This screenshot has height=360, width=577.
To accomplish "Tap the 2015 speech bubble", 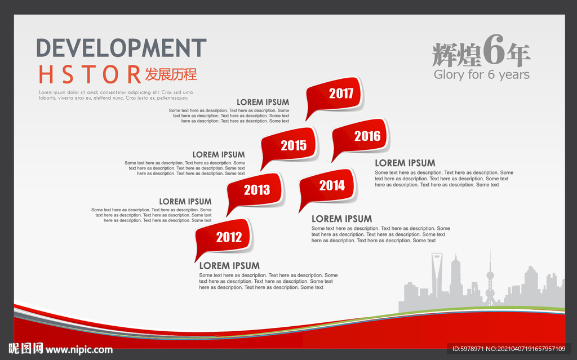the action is (x=289, y=145).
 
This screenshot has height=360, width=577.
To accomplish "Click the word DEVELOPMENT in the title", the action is (x=121, y=48).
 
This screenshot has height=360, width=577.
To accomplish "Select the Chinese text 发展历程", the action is (x=171, y=74).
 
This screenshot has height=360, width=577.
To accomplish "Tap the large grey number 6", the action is (x=494, y=50).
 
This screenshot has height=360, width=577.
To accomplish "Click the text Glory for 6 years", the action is (x=481, y=75).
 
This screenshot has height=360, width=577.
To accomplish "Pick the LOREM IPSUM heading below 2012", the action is (x=229, y=266).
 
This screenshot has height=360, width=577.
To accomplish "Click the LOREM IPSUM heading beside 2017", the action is (x=263, y=103).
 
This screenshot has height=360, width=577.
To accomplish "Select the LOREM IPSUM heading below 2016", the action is (x=405, y=163).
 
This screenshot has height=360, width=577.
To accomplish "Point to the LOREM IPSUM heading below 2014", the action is (x=341, y=219).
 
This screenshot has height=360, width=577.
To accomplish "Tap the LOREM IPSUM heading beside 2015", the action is (x=219, y=154).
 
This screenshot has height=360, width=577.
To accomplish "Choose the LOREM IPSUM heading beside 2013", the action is (x=185, y=202).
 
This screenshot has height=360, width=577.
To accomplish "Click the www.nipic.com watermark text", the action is (x=79, y=350).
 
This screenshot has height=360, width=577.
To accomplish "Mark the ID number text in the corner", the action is (x=509, y=349).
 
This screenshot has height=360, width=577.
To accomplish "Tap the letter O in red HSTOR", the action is (x=110, y=74).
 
